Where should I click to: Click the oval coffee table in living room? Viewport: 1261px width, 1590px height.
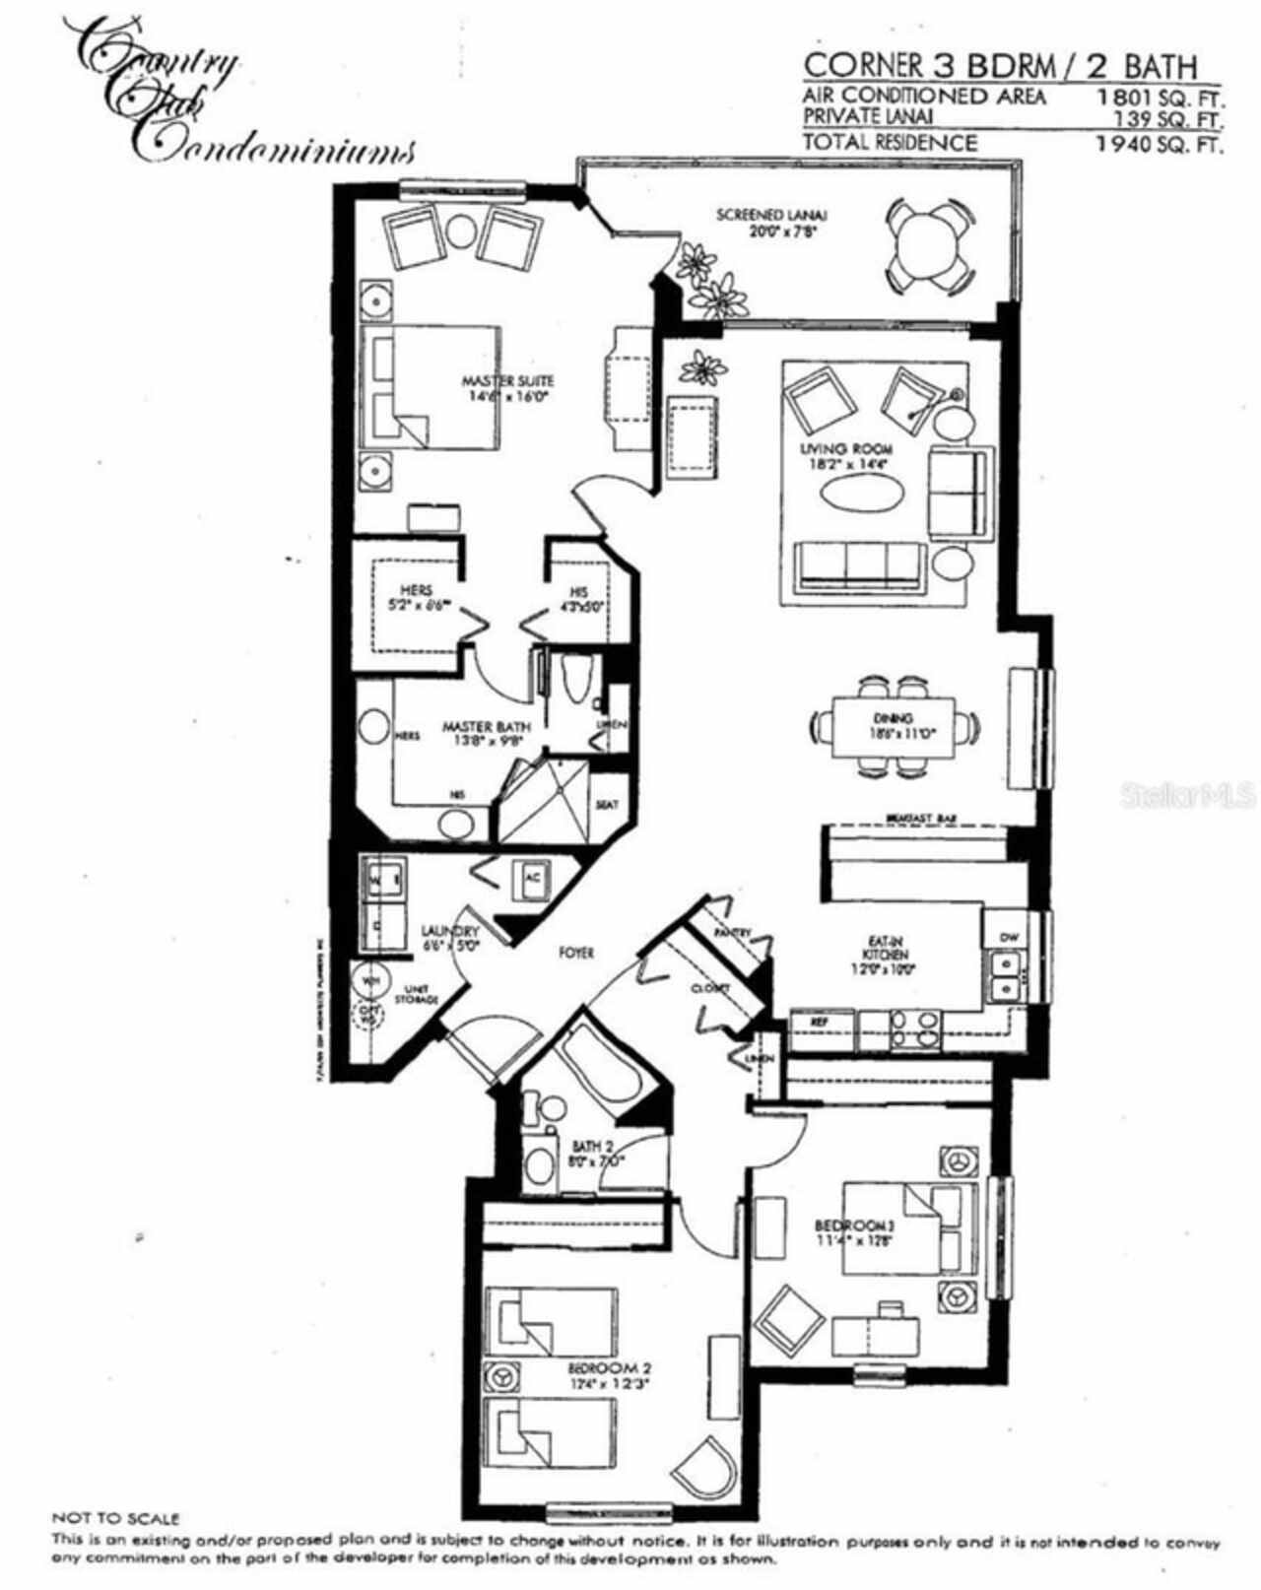(859, 494)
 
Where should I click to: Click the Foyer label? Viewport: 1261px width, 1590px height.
(576, 953)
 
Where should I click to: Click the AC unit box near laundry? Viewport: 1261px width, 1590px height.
(532, 879)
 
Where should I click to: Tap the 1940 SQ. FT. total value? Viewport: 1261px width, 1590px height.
(1160, 144)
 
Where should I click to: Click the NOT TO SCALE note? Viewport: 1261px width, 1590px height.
(115, 1518)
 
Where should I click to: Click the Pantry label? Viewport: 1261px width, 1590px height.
(734, 931)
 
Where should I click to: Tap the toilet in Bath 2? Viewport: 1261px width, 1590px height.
(539, 1163)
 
